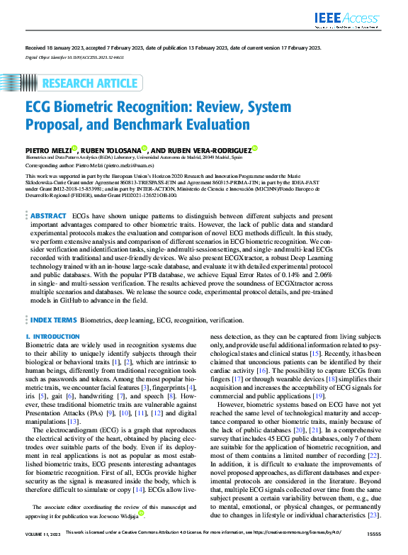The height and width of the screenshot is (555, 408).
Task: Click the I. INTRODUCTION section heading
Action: point(53,337)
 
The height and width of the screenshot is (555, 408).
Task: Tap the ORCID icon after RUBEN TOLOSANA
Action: point(144,148)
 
